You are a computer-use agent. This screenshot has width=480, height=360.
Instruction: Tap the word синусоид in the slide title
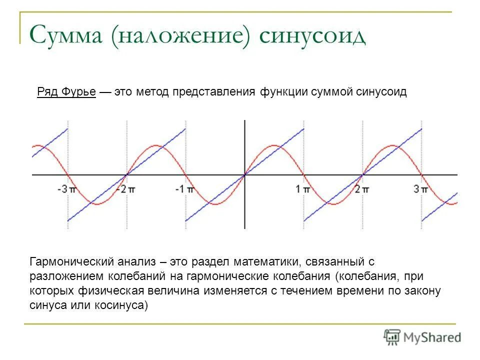pos(312,36)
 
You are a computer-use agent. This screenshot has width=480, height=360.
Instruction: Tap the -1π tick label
pos(183,189)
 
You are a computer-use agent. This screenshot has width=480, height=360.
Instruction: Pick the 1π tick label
pos(302,189)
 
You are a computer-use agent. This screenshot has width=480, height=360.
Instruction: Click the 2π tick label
pos(361,189)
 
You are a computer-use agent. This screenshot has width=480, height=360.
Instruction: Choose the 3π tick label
pos(420,189)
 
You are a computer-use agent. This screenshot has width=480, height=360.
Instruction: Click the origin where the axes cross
pos(244,174)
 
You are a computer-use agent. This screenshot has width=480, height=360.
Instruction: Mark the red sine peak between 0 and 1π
pos(274,145)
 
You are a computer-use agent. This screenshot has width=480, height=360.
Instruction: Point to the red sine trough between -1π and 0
pos(215,203)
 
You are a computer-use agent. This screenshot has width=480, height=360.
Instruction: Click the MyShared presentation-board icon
pos(392,337)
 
